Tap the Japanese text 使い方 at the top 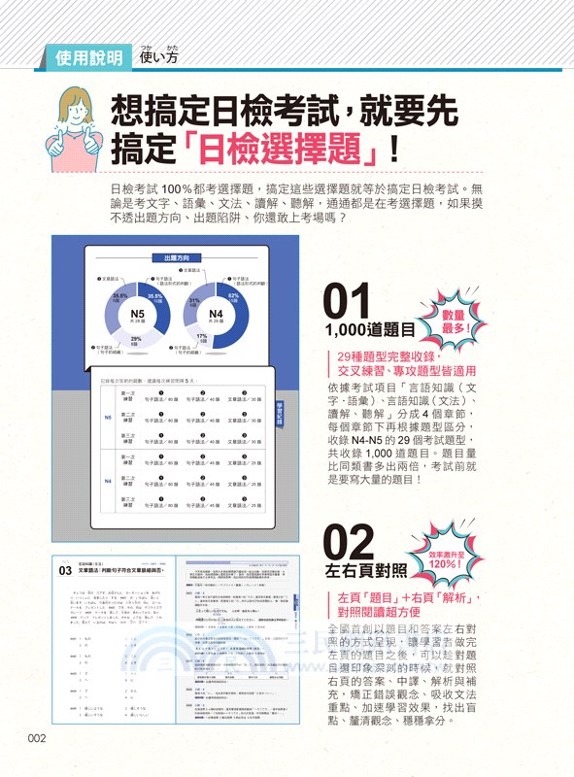click(x=158, y=57)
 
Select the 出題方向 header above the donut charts click(x=177, y=258)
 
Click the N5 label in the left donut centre click(x=138, y=315)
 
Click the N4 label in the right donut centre click(x=217, y=315)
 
